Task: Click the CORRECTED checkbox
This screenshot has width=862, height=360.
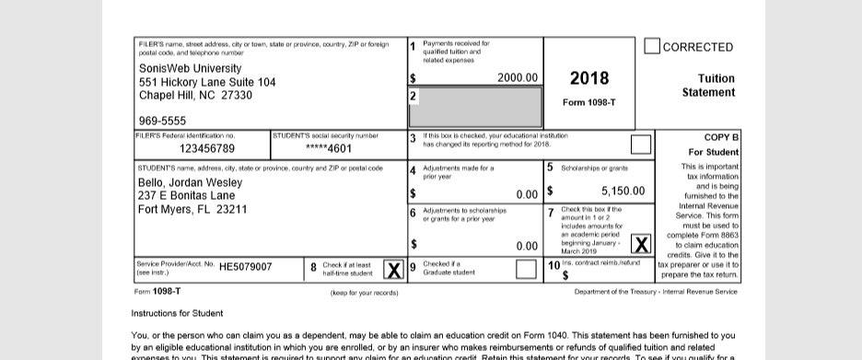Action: point(651,46)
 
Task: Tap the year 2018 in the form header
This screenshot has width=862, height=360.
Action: point(588,78)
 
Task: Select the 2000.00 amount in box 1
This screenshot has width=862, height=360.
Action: point(518,78)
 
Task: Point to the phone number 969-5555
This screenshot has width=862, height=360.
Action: point(162,121)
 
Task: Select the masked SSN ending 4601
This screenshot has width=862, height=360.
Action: point(329,148)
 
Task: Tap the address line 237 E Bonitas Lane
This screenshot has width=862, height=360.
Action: point(186,195)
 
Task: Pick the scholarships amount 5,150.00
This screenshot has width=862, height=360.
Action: point(623,192)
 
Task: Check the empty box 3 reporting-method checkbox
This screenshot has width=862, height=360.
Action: point(640,145)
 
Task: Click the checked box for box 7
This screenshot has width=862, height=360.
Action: point(640,244)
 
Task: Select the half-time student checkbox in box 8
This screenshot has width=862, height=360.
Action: point(393,270)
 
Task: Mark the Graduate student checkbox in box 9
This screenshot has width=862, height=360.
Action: point(526,270)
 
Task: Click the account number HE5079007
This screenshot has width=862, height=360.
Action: point(246,266)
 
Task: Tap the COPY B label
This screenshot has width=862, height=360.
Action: point(721,137)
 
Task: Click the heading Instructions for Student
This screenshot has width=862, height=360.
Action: point(177,313)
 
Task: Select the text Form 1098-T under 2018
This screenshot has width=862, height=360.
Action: point(588,102)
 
